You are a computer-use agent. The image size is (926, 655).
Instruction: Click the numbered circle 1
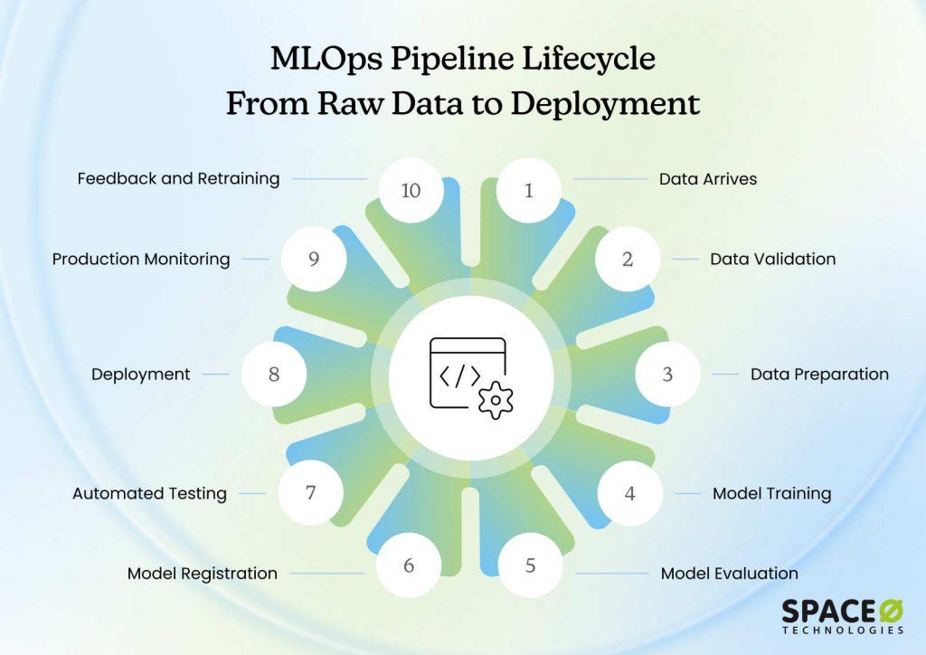[529, 190]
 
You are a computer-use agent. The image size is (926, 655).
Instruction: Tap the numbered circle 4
[629, 494]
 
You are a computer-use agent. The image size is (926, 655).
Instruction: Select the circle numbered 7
[310, 493]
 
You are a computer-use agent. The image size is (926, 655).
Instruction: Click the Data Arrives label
[707, 179]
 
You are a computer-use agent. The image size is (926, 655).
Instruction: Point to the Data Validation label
[772, 259]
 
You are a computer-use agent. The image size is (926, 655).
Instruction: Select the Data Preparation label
[819, 375]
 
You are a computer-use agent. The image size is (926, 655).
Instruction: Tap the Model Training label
[771, 494]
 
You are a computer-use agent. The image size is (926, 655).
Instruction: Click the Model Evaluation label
[729, 574]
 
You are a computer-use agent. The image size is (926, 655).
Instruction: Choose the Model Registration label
[202, 574]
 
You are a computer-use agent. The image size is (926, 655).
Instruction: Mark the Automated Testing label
[149, 494]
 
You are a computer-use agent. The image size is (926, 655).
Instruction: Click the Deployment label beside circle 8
[140, 375]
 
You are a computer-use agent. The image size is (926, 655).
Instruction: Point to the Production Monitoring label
[141, 259]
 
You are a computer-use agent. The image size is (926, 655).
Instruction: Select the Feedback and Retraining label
[178, 179]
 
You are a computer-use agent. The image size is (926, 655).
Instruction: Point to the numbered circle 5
[531, 565]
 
